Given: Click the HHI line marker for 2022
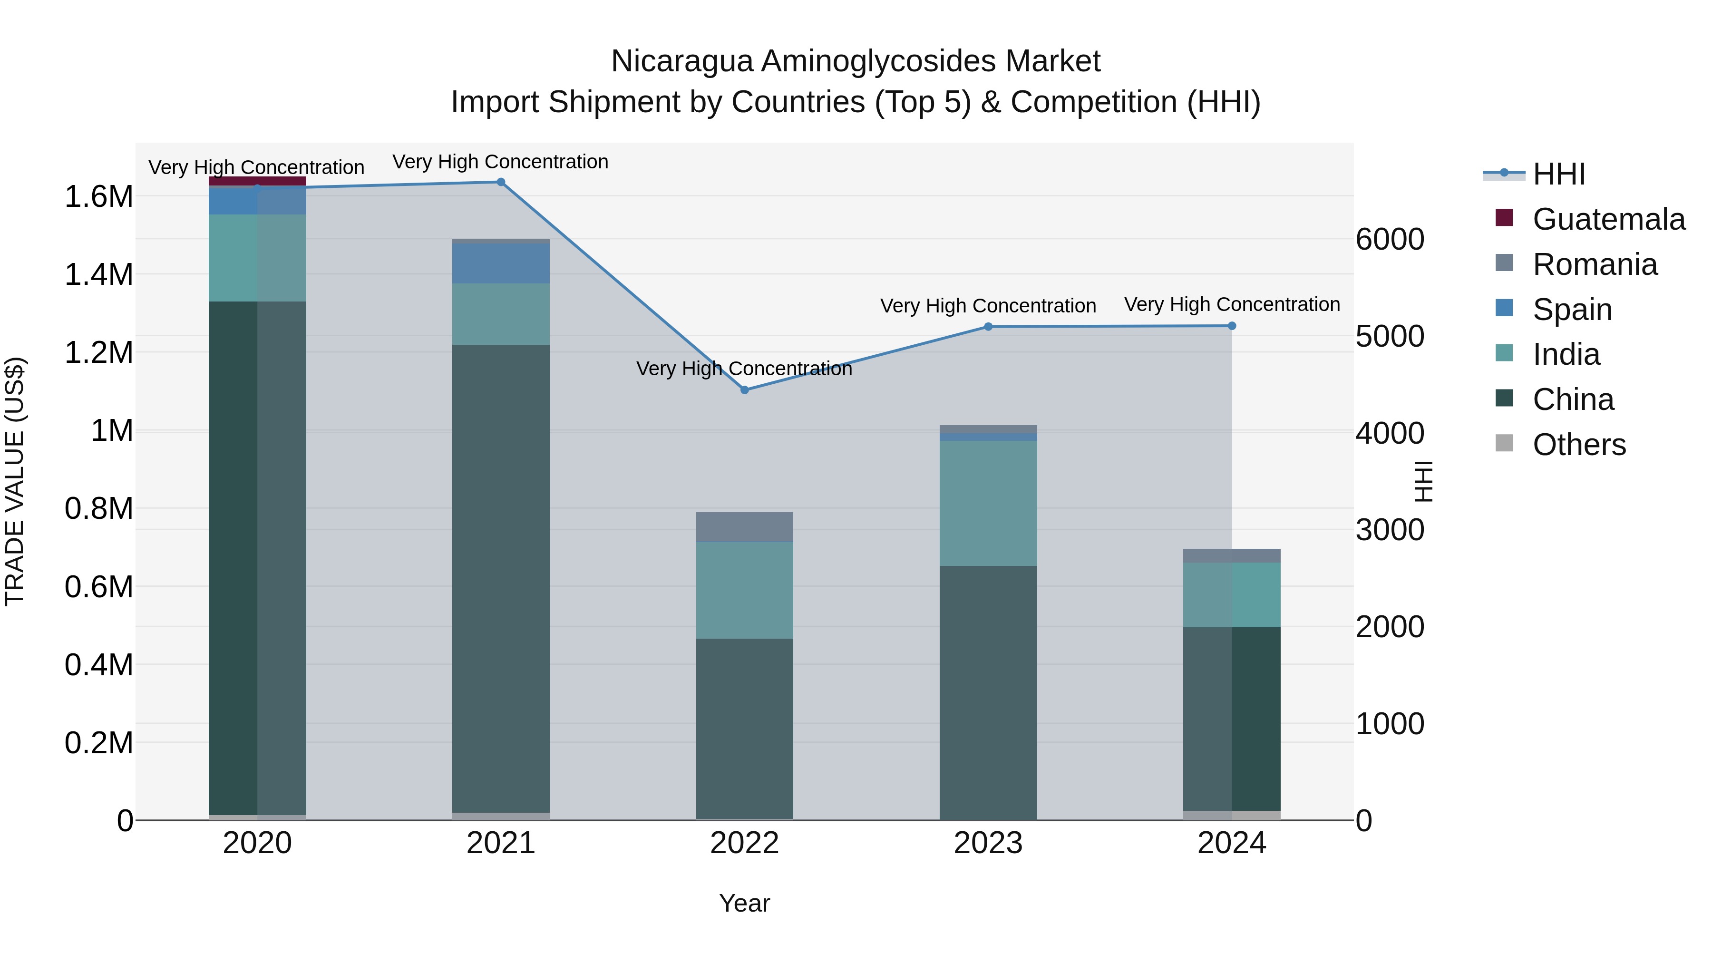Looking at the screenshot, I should pyautogui.click(x=744, y=390).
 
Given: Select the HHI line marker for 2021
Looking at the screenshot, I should pyautogui.click(x=501, y=182).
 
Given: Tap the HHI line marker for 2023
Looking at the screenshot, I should pyautogui.click(x=988, y=326).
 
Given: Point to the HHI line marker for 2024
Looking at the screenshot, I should pyautogui.click(x=1232, y=326).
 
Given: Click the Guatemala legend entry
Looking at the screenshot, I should pyautogui.click(x=1608, y=219).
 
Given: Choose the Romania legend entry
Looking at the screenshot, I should pyautogui.click(x=1595, y=264).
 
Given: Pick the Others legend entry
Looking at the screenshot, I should pyautogui.click(x=1578, y=445).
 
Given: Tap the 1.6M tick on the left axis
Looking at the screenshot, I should pyautogui.click(x=98, y=197).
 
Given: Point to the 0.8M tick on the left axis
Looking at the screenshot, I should pyautogui.click(x=98, y=509).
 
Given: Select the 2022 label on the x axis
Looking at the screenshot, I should pyautogui.click(x=744, y=843).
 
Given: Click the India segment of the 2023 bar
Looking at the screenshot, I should pyautogui.click(x=988, y=503).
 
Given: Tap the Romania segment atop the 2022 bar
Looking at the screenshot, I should pyautogui.click(x=744, y=527).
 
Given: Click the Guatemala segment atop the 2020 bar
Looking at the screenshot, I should pyautogui.click(x=257, y=181).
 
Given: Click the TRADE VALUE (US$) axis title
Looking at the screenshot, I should pyautogui.click(x=15, y=481).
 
